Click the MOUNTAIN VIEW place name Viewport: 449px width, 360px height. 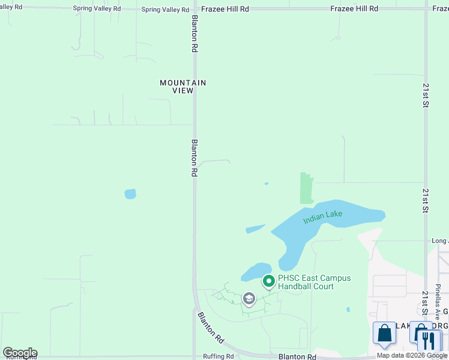click(183, 86)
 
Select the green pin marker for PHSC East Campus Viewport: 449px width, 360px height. click(269, 281)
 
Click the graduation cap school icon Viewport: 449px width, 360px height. click(249, 298)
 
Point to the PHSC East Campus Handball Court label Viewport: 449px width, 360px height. click(314, 282)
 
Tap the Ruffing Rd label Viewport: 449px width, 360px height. click(218, 356)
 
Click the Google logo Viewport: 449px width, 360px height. click(20, 353)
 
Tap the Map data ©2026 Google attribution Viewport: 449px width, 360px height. click(412, 355)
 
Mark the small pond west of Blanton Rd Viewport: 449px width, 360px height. click(130, 194)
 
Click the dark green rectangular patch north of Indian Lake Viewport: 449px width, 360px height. click(306, 188)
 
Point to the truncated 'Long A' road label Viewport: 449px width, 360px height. click(439, 241)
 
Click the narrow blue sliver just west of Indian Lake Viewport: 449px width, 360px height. click(255, 229)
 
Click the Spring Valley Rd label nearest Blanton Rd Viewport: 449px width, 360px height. click(165, 10)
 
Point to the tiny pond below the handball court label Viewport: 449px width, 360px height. click(348, 310)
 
